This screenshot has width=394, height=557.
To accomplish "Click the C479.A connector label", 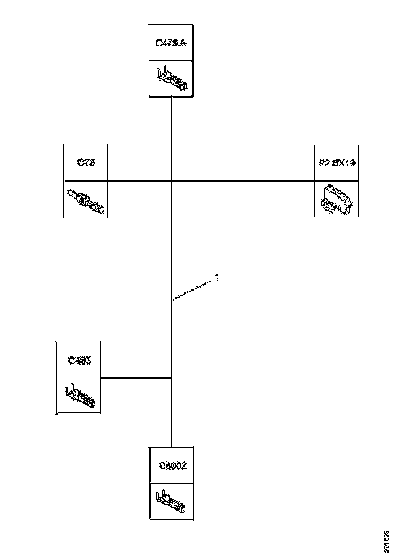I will pos(171,43).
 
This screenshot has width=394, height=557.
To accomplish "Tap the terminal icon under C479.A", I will pos(172,79).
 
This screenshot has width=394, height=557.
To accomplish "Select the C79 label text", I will pos(87,163).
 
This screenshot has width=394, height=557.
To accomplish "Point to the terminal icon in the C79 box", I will pos(86,201).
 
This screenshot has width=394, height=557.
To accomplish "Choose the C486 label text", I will pos(79,360).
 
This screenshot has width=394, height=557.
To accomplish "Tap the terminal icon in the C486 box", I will pos(80,396).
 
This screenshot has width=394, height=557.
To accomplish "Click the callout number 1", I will pos(216,277).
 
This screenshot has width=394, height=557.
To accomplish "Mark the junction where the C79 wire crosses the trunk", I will pos(172,181).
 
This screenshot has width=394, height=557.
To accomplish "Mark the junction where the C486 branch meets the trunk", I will pos(172,378).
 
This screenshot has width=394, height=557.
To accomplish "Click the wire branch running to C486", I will pos(137,378).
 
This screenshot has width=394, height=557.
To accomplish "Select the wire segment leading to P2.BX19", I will pos(243,181).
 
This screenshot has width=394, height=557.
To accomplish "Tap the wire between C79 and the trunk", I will pos(139,181).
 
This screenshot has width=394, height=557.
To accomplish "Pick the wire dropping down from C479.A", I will pos(172,137).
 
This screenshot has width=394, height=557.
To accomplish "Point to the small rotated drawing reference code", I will pos(386,540).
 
